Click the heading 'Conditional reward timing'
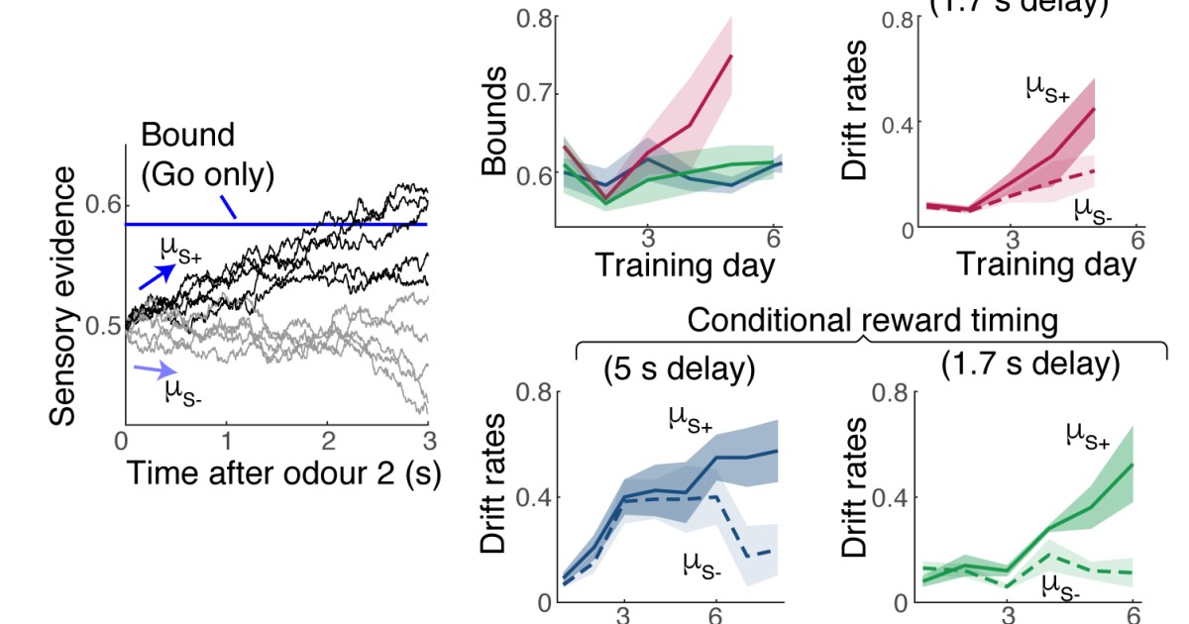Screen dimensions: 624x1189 (871, 321)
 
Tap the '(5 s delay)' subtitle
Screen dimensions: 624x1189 (680, 369)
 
